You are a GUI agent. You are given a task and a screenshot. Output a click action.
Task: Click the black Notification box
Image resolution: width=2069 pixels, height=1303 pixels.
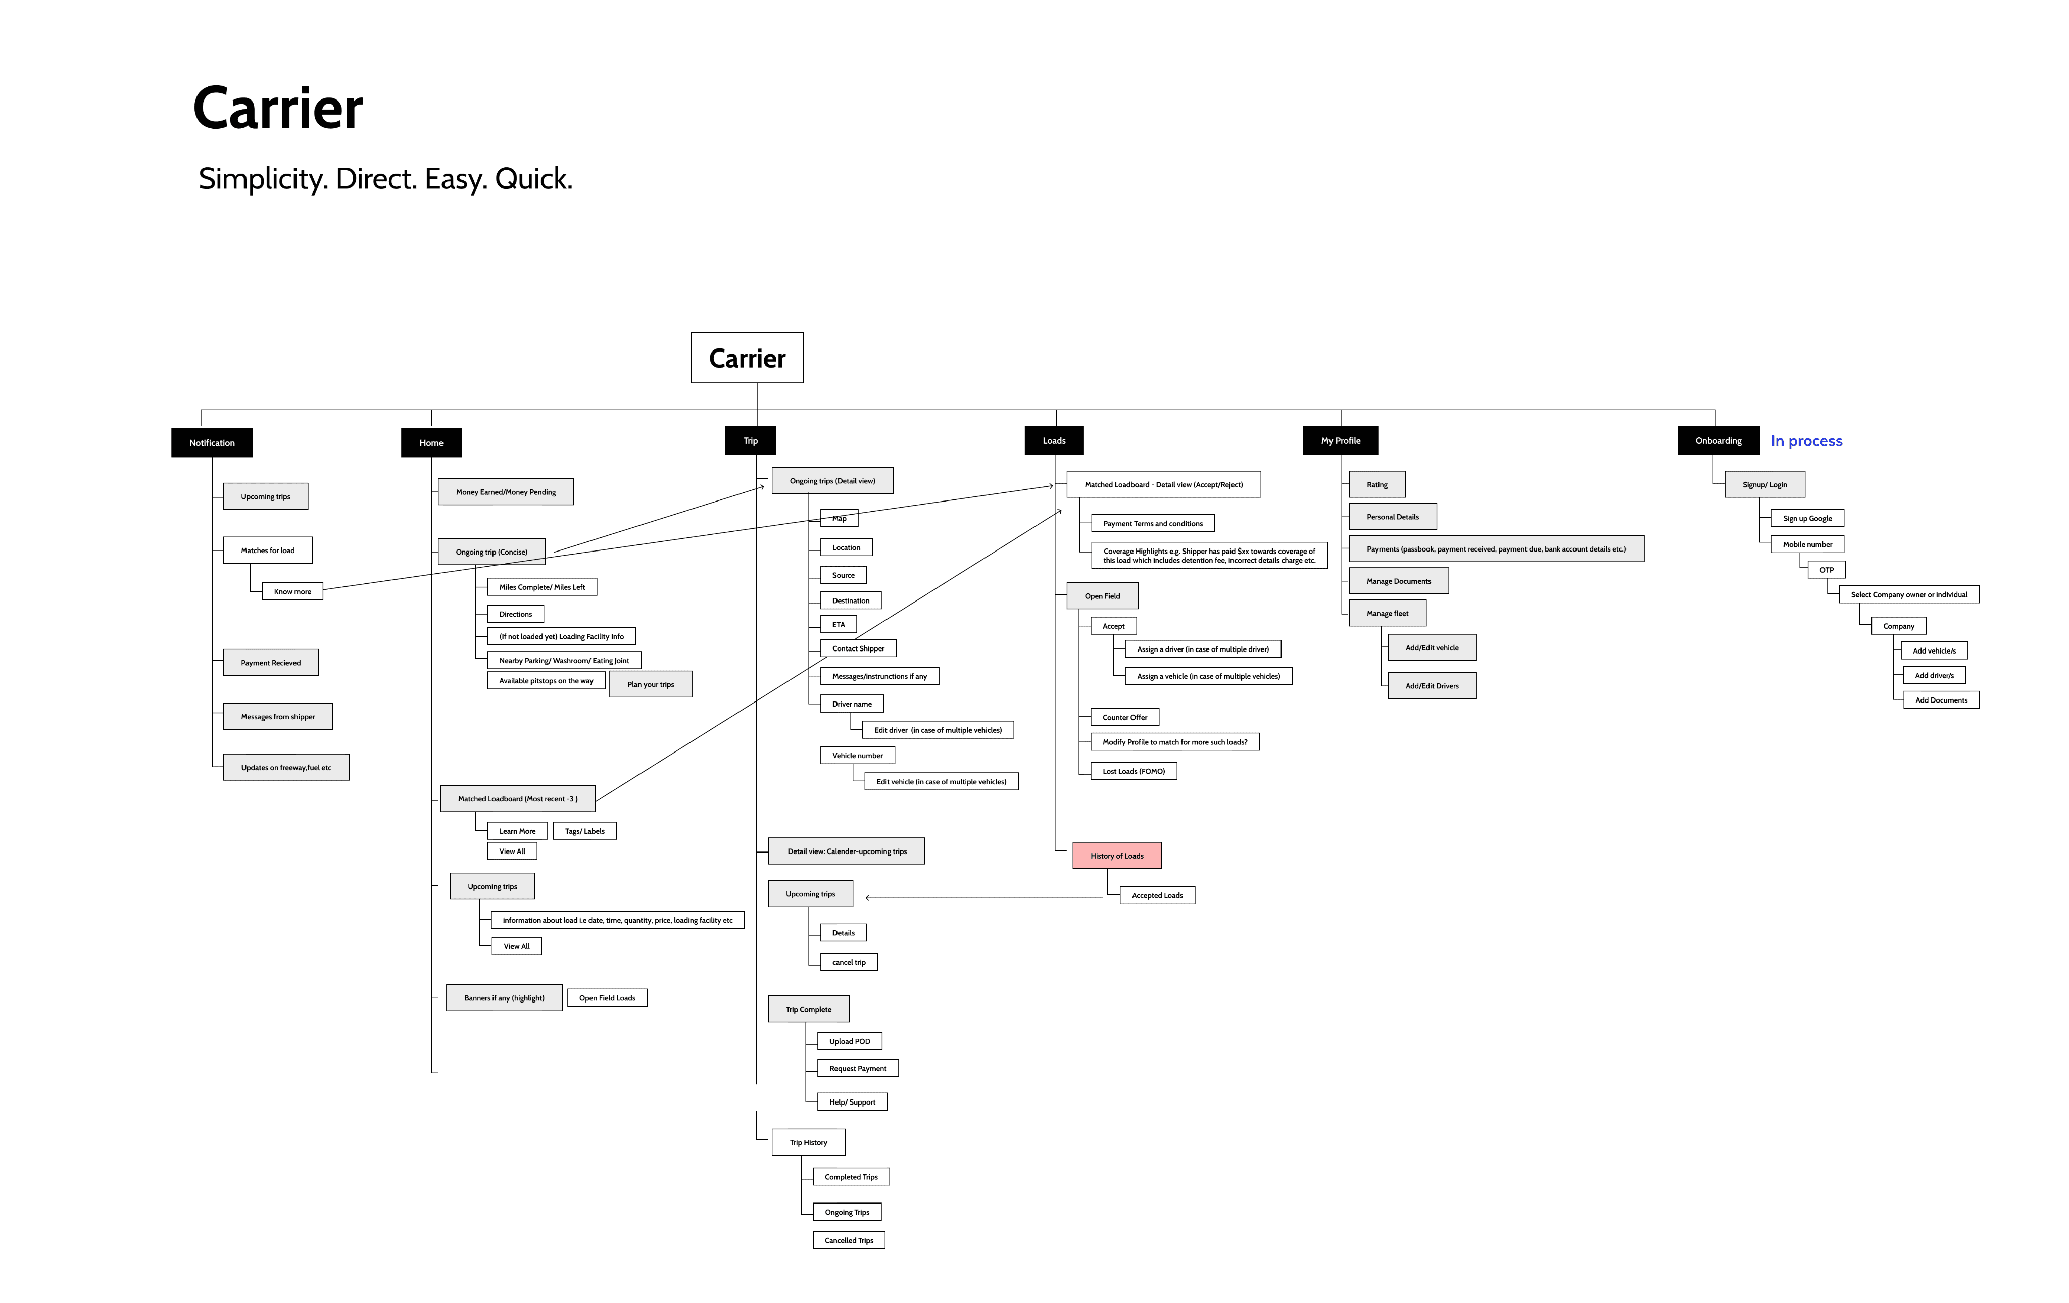click(x=212, y=442)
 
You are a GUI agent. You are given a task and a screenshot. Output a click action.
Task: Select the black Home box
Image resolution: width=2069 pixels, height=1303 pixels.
click(x=431, y=442)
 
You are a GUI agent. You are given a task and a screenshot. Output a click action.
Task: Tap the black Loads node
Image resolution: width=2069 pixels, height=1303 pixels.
click(x=1054, y=440)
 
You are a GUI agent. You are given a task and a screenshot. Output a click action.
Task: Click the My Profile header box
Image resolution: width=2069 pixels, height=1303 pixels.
click(x=1341, y=440)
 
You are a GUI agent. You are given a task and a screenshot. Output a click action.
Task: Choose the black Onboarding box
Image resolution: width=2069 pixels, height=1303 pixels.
click(x=1718, y=440)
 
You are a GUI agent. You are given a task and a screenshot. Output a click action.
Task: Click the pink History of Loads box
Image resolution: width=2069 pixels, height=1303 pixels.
click(x=1117, y=856)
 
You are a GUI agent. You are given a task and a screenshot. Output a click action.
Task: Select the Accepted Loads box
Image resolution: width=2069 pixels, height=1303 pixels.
click(x=1157, y=895)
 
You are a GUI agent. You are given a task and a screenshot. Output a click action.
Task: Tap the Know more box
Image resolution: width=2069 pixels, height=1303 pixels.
click(x=293, y=591)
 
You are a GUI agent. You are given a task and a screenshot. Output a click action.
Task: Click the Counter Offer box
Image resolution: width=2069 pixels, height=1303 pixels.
click(x=1125, y=716)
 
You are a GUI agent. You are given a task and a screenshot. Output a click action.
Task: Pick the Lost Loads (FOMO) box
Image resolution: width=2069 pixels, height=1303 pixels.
click(x=1134, y=771)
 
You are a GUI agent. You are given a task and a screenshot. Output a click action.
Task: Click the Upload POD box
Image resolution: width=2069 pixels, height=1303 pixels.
click(x=850, y=1041)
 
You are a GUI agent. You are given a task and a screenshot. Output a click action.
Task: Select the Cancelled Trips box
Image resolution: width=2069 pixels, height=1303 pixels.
click(x=849, y=1239)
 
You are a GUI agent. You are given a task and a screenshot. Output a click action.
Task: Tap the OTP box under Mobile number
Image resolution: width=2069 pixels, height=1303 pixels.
click(x=1827, y=570)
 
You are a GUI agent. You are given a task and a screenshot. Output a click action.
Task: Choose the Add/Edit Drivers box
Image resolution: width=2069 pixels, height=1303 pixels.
click(x=1433, y=685)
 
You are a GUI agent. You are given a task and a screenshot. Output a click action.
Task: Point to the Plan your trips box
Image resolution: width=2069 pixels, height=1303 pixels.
click(x=651, y=684)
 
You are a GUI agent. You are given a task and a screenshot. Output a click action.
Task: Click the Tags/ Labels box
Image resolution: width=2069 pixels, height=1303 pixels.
click(x=585, y=831)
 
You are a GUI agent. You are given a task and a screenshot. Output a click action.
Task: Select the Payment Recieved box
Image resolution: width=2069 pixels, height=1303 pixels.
click(x=271, y=662)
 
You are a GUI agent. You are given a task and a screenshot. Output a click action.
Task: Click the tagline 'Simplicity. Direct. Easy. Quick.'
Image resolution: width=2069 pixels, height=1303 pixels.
click(x=385, y=179)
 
